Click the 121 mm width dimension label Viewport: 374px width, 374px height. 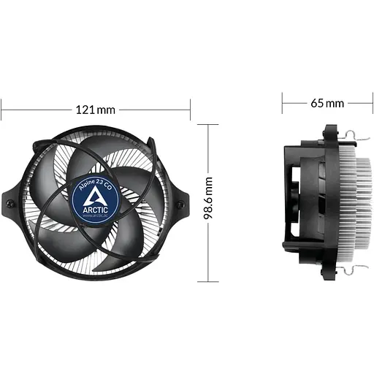[96, 110]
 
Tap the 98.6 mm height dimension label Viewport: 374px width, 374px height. [209, 202]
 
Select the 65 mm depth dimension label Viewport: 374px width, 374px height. [327, 103]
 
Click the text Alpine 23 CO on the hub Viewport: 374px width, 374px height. [95, 181]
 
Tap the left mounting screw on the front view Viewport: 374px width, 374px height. [9, 202]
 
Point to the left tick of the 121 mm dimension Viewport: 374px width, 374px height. [1, 110]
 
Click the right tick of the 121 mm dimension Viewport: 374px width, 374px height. [190, 110]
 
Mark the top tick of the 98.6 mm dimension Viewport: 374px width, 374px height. [209, 124]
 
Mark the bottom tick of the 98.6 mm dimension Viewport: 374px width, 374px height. [209, 280]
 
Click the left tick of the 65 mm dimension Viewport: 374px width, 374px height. [283, 103]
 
